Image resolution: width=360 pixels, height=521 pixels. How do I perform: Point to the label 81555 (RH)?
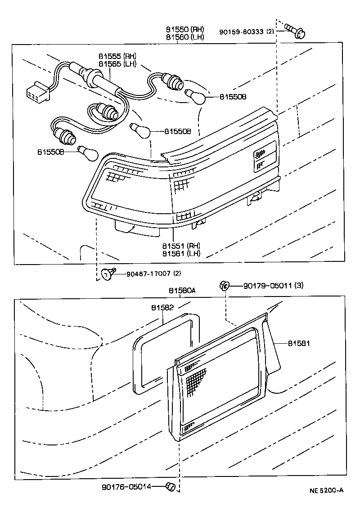click(117, 56)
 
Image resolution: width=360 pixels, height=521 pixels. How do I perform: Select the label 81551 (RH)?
click(181, 246)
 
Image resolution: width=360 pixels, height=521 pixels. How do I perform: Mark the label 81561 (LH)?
click(181, 253)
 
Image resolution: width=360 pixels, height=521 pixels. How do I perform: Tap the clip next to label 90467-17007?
click(108, 272)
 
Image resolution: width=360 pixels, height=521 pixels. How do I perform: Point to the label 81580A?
click(182, 291)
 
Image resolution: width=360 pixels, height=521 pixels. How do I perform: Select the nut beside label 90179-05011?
click(224, 285)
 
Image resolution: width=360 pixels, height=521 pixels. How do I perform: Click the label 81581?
click(299, 343)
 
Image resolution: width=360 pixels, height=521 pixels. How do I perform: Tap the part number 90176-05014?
click(126, 486)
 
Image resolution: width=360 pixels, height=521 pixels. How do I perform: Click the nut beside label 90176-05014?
click(170, 486)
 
